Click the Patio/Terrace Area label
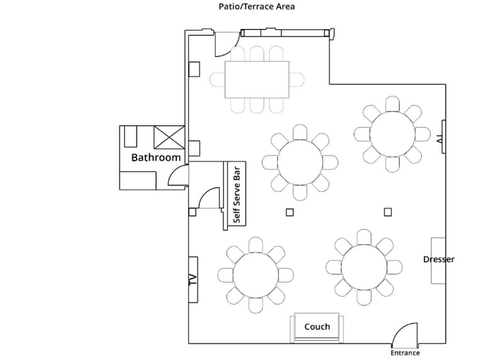click(x=257, y=7)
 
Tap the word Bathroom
click(x=156, y=157)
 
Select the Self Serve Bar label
click(x=237, y=194)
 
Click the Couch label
click(x=317, y=327)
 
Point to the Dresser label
click(x=438, y=259)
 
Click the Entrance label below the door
click(x=405, y=353)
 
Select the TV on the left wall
click(x=193, y=279)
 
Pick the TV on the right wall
click(x=444, y=137)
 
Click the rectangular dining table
click(x=257, y=79)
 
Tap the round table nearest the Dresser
click(x=364, y=267)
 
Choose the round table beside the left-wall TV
click(x=256, y=275)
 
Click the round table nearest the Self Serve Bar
click(x=300, y=162)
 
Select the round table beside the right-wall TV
click(x=392, y=134)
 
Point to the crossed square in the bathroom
click(x=169, y=137)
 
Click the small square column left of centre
click(x=290, y=212)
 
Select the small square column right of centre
click(x=388, y=212)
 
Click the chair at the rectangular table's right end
click(x=297, y=80)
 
